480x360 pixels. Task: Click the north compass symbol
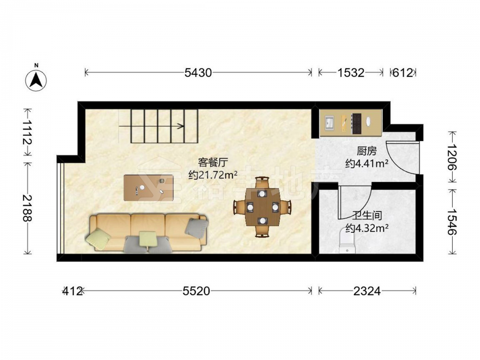pyautogui.click(x=36, y=80)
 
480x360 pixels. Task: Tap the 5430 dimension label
pyautogui.click(x=198, y=73)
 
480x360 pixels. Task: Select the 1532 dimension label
pyautogui.click(x=351, y=73)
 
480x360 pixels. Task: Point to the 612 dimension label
pyautogui.click(x=403, y=73)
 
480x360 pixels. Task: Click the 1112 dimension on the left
pyautogui.click(x=27, y=132)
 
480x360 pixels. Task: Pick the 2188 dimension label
pyautogui.click(x=27, y=208)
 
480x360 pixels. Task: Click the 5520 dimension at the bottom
pyautogui.click(x=196, y=291)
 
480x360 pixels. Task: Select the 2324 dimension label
pyautogui.click(x=367, y=291)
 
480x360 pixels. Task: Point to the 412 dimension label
pyautogui.click(x=72, y=291)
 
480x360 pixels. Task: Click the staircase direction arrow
pyautogui.click(x=152, y=126)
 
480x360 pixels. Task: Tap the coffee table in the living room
pyautogui.click(x=148, y=188)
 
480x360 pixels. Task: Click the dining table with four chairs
pyautogui.click(x=263, y=206)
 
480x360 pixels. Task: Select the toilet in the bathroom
pyautogui.click(x=348, y=241)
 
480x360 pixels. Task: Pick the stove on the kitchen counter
pyautogui.click(x=357, y=124)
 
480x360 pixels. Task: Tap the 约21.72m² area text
pyautogui.click(x=213, y=175)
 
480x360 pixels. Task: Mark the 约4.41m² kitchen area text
pyautogui.click(x=367, y=164)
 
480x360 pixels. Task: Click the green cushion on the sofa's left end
pyautogui.click(x=98, y=239)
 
